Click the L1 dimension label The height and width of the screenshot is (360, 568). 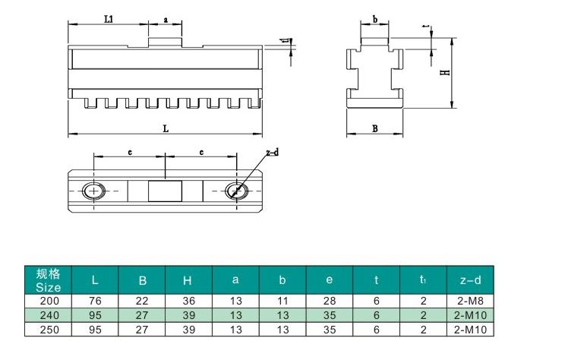pos(109,18)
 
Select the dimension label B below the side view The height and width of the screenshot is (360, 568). pos(375,128)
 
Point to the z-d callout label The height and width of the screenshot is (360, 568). pos(273,153)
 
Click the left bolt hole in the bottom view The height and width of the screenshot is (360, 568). pos(94,191)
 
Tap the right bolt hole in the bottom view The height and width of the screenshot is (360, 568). pos(237,191)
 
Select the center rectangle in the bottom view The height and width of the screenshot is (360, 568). pos(165,191)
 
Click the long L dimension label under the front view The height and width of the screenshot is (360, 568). pos(166,128)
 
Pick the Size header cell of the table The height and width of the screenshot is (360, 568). pos(48,280)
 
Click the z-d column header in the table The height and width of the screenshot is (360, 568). pos(470,280)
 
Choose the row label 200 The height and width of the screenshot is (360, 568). pos(49,301)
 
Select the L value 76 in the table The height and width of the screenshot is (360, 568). pos(95,301)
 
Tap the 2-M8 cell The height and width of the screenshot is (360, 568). pos(470,301)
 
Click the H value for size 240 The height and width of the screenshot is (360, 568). pos(189,315)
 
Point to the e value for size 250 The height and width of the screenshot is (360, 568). pos(330,330)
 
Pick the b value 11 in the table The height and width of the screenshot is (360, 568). pos(282,301)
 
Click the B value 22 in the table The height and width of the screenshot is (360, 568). pos(142,301)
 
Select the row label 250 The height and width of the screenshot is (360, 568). pos(49,330)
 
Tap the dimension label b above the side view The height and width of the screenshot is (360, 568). pos(375,19)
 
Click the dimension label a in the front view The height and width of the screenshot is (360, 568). pos(166,20)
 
